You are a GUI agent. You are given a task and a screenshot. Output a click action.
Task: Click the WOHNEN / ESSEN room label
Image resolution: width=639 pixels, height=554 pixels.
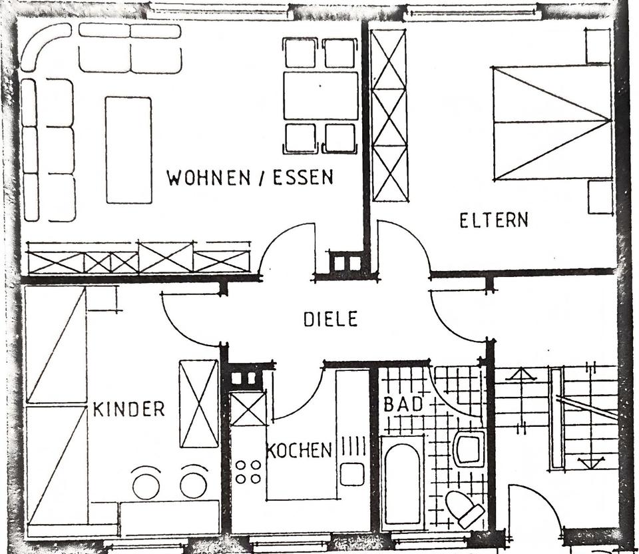pyautogui.click(x=250, y=178)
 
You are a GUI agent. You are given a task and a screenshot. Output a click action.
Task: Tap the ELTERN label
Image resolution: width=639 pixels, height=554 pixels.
pyautogui.click(x=493, y=220)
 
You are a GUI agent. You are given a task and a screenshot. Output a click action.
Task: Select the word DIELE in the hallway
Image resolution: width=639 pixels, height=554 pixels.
pyautogui.click(x=330, y=319)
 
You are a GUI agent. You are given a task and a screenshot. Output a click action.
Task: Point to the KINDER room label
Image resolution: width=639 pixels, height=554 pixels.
pyautogui.click(x=128, y=409)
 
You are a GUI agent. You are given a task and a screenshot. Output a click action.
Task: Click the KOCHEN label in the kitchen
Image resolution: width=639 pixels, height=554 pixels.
pyautogui.click(x=299, y=450)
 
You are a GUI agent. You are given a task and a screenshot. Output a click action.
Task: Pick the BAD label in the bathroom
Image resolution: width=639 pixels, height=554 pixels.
pyautogui.click(x=403, y=404)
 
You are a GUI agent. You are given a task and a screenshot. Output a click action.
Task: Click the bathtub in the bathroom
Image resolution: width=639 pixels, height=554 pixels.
pyautogui.click(x=402, y=481)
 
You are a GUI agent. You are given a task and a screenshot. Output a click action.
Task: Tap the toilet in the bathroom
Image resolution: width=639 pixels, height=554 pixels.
pyautogui.click(x=465, y=510)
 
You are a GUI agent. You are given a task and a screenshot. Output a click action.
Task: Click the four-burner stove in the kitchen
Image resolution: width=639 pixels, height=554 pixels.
pyautogui.click(x=248, y=471)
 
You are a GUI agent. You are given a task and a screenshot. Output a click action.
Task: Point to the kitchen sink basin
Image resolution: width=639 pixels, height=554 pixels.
pyautogui.click(x=351, y=474)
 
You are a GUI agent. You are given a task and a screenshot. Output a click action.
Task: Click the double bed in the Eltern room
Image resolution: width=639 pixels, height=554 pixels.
pyautogui.click(x=552, y=122)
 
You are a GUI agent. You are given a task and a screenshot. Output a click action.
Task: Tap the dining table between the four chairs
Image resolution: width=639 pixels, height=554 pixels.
pyautogui.click(x=320, y=95)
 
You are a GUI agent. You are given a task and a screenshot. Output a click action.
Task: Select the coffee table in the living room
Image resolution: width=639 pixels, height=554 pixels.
pyautogui.click(x=128, y=150)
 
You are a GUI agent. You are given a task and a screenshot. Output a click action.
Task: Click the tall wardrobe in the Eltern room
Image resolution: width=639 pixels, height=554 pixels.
pyautogui.click(x=389, y=115)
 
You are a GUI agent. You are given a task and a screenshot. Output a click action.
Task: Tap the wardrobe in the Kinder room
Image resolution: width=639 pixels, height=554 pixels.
pyautogui.click(x=199, y=404)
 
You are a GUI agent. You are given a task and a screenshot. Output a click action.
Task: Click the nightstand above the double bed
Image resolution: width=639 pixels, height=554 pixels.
pyautogui.click(x=598, y=45)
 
